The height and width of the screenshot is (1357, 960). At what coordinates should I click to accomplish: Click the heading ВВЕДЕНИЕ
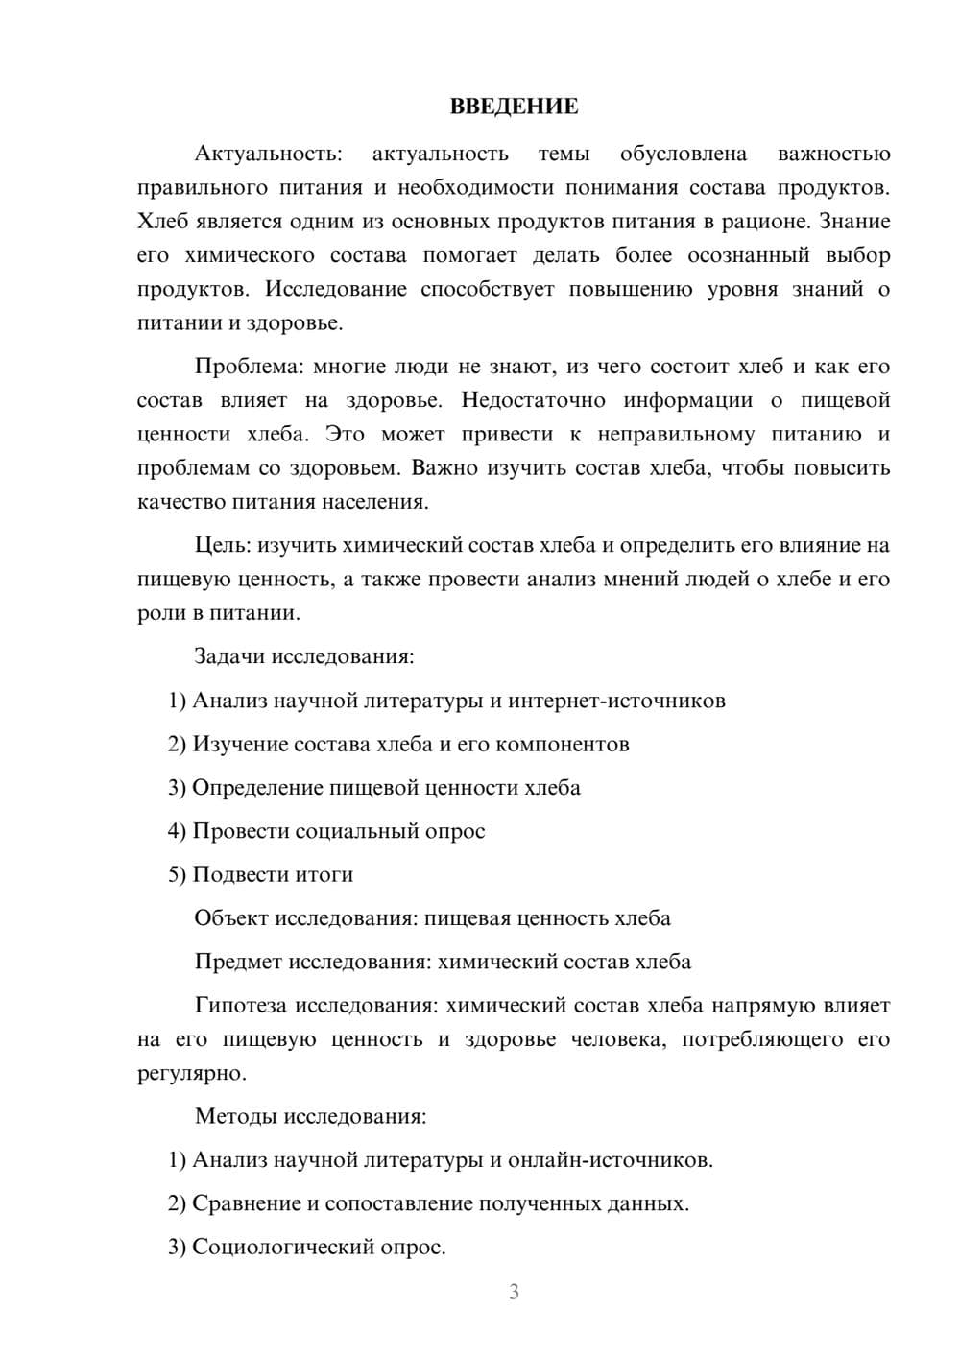514,107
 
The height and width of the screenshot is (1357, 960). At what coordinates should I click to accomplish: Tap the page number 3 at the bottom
514,1292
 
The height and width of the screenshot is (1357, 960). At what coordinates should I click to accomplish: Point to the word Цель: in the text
224,545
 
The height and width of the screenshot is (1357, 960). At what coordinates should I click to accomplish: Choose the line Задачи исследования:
304,656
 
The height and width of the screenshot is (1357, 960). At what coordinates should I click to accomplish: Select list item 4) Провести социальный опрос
326,831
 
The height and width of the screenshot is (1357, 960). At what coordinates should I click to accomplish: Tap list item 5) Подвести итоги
260,874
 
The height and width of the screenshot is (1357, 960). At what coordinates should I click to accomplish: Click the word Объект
231,918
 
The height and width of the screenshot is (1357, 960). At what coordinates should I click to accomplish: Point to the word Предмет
238,962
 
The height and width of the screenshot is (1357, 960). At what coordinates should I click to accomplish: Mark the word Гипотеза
241,1006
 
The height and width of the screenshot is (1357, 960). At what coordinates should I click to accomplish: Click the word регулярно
190,1073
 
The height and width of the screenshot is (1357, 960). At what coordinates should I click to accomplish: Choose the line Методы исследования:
310,1116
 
